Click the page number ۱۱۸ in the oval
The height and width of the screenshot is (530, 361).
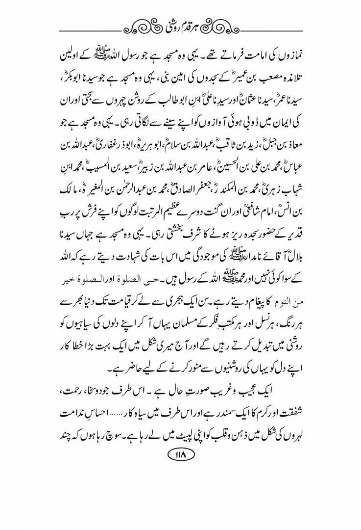pyautogui.click(x=180, y=455)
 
